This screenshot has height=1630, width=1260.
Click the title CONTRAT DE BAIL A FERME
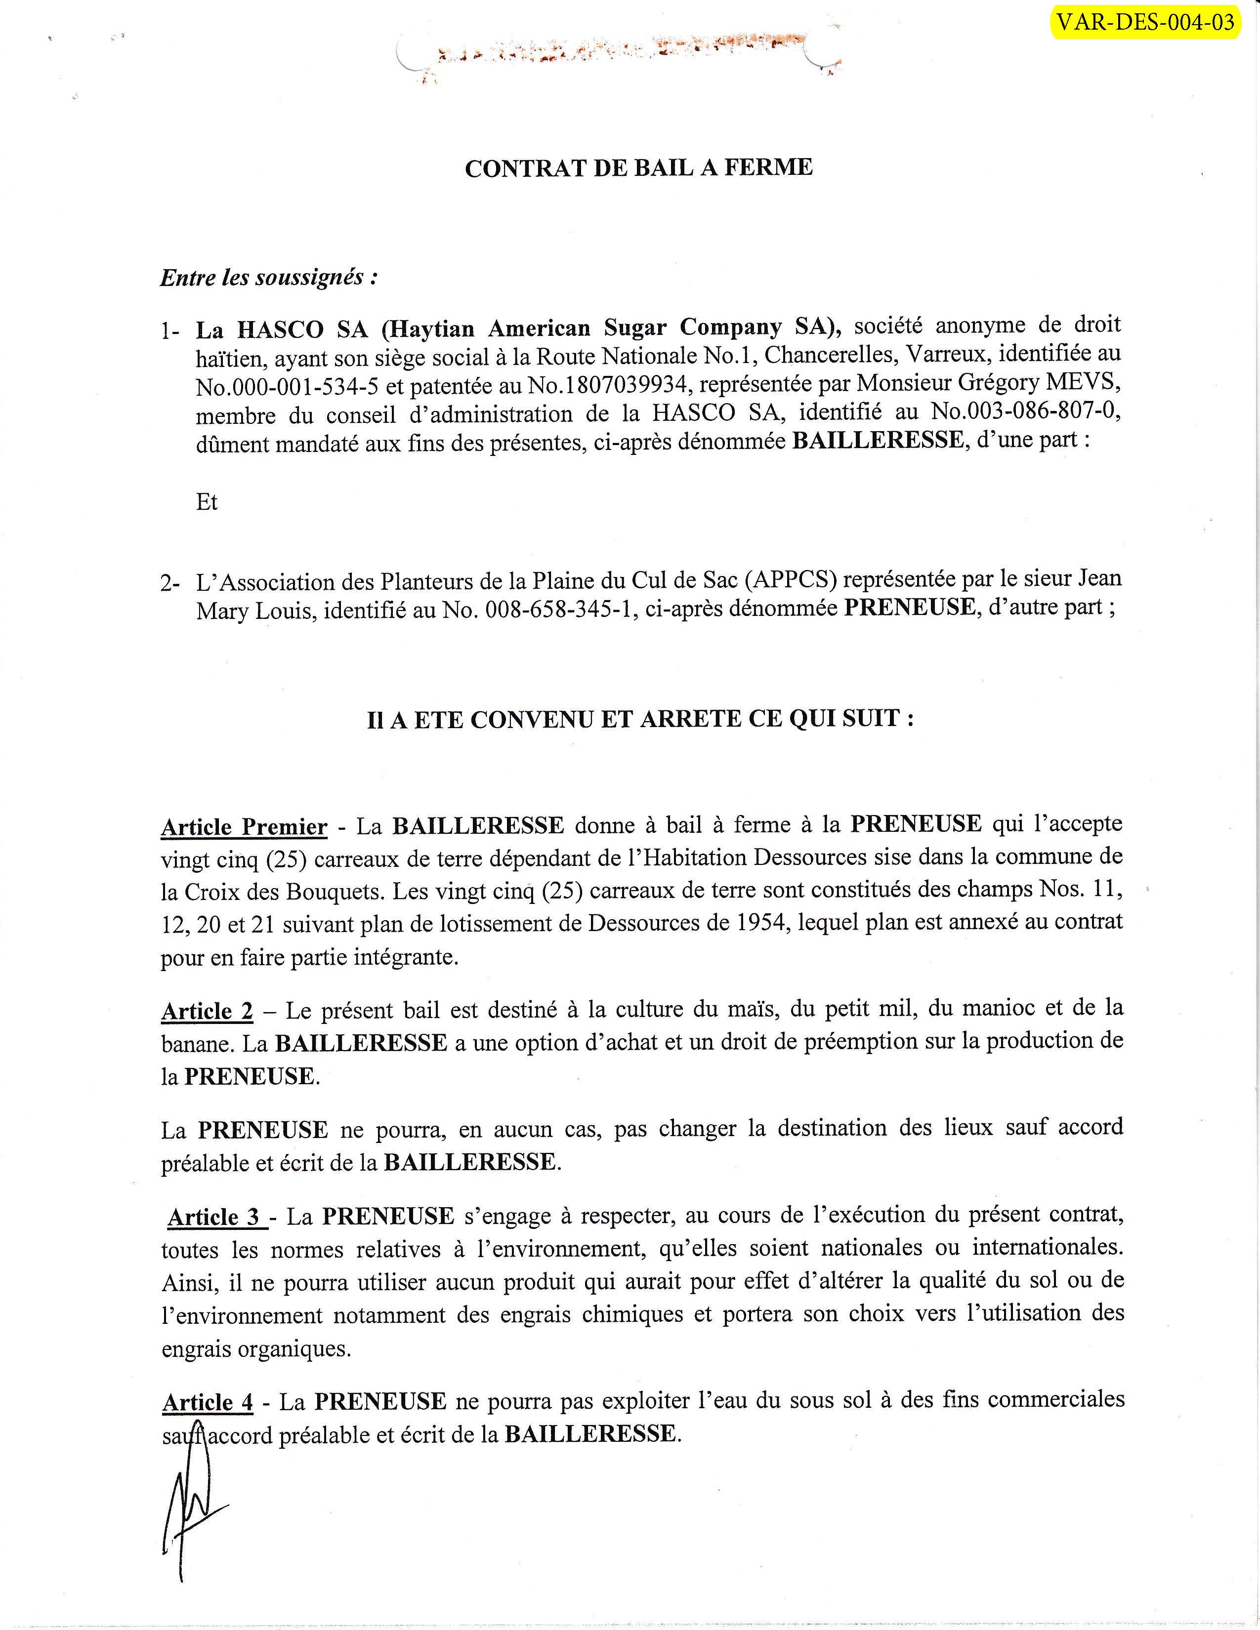click(x=638, y=167)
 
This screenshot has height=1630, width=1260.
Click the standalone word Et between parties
click(x=207, y=502)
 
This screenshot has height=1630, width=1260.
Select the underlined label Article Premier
click(x=244, y=827)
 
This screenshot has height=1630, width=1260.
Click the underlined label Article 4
click(x=208, y=1402)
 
